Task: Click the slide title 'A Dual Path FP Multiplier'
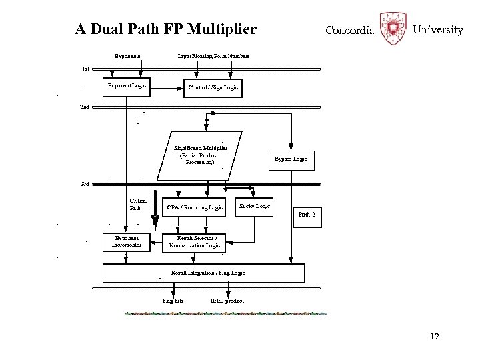pos(165,29)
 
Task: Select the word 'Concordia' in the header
pos(349,31)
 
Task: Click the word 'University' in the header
pos(437,30)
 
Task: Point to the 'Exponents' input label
pos(127,57)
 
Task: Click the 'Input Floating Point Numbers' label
pos(213,57)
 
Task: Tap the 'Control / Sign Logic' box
pos(213,87)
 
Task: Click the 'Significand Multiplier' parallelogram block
pos(200,155)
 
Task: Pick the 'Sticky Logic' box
pos(255,206)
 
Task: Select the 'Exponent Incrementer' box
pos(127,241)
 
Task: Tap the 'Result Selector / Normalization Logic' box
pos(195,241)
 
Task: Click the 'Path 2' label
pos(306,214)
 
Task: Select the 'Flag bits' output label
pos(173,301)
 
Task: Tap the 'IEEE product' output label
pos(227,301)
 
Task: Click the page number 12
pos(435,337)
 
